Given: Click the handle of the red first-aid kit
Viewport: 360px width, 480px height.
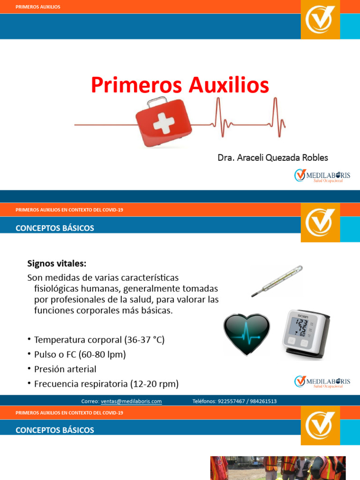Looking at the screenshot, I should pyautogui.click(x=157, y=102).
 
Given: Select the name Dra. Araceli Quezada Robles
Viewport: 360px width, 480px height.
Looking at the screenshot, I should pyautogui.click(x=273, y=157).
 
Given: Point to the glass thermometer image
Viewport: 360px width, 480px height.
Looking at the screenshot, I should pyautogui.click(x=277, y=280).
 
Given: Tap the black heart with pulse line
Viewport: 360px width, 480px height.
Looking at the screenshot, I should pyautogui.click(x=247, y=331).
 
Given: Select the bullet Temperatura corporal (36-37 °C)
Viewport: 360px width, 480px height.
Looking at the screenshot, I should pyautogui.click(x=99, y=340).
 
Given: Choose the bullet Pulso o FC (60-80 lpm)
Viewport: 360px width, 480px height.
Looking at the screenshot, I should pyautogui.click(x=80, y=354).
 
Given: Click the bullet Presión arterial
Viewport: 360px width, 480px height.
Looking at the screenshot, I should pyautogui.click(x=65, y=369).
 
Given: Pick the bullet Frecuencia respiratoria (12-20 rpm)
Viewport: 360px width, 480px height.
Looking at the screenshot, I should pyautogui.click(x=106, y=384).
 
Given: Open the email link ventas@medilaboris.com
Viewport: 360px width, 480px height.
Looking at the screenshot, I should pyautogui.click(x=131, y=401).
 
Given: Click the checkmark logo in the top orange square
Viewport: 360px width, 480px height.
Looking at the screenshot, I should pyautogui.click(x=320, y=19).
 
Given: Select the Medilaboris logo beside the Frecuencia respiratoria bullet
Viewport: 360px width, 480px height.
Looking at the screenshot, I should pyautogui.click(x=322, y=382).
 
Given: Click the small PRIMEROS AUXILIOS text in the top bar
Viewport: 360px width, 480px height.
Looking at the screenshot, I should pyautogui.click(x=38, y=7).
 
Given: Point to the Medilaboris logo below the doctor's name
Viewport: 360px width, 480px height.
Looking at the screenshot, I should pyautogui.click(x=322, y=176).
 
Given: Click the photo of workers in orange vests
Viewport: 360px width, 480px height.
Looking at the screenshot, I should pyautogui.click(x=277, y=468).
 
